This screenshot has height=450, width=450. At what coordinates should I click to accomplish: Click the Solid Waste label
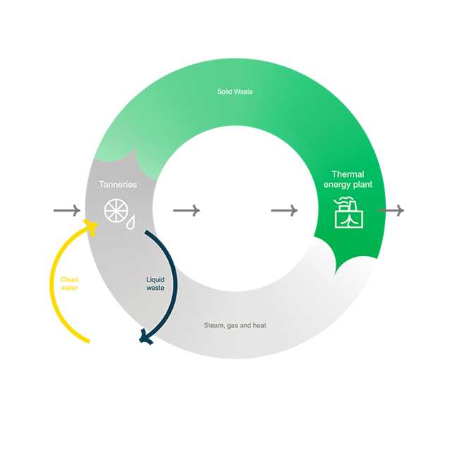pyautogui.click(x=235, y=92)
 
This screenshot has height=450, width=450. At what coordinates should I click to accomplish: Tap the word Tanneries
pyautogui.click(x=118, y=184)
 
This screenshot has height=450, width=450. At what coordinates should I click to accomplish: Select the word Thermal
pyautogui.click(x=348, y=174)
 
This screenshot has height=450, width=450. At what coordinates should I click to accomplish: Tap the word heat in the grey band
pyautogui.click(x=260, y=325)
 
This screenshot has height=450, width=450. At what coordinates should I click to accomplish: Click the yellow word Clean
pyautogui.click(x=69, y=279)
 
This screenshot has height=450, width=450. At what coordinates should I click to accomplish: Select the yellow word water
pyautogui.click(x=69, y=288)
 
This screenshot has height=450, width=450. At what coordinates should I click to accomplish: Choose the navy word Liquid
pyautogui.click(x=155, y=279)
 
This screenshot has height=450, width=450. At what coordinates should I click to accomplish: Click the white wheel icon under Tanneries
pyautogui.click(x=116, y=211)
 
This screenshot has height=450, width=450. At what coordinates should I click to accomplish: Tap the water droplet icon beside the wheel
pyautogui.click(x=131, y=223)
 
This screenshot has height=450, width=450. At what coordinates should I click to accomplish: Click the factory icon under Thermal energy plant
pyautogui.click(x=349, y=214)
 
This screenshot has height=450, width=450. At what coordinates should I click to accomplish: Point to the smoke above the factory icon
pyautogui.click(x=343, y=200)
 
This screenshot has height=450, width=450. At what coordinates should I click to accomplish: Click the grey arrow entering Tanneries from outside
pyautogui.click(x=67, y=210)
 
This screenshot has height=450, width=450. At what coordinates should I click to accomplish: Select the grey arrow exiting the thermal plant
pyautogui.click(x=391, y=210)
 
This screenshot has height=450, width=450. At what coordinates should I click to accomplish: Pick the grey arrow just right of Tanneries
pyautogui.click(x=186, y=210)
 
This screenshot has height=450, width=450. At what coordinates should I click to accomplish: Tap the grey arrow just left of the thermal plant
pyautogui.click(x=284, y=210)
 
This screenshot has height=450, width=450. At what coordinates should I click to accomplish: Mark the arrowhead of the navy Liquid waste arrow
pyautogui.click(x=145, y=337)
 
